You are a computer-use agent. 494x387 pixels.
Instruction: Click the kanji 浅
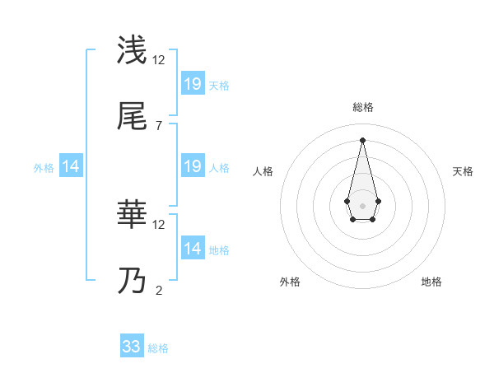pos(132,50)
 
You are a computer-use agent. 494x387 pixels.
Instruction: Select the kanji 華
pos(132,215)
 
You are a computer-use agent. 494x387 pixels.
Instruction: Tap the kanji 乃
pos(132,281)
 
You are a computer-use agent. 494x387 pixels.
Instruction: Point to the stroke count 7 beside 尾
pos(158,125)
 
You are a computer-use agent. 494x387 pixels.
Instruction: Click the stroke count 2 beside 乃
pos(158,290)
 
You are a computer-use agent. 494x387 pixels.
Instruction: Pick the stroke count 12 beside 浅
pos(160,59)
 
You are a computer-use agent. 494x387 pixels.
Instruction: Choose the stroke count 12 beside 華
pos(160,224)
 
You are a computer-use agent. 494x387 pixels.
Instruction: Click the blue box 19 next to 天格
pos(193,83)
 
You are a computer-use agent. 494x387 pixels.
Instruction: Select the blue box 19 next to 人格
pos(193,166)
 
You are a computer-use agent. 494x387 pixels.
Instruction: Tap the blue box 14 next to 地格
pos(193,249)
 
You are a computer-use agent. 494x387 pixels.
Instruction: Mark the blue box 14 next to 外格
pos(71,166)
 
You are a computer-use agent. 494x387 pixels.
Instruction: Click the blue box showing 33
pos(132,347)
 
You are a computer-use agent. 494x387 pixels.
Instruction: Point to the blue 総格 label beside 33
pos(158,348)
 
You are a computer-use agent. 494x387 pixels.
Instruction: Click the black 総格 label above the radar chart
pos(363,107)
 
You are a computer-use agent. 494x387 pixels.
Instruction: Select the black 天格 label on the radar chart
pos(464,171)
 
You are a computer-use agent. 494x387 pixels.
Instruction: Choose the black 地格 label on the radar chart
pos(431,282)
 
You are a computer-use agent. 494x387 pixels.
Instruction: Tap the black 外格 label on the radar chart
pos(290,282)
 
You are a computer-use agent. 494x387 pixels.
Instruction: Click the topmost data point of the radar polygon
pos(362,139)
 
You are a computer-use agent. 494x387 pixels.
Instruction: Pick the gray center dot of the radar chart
pos(362,204)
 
